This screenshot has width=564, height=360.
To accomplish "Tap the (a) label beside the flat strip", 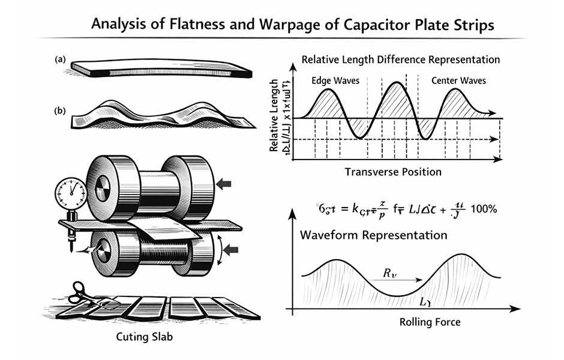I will pos(59,59).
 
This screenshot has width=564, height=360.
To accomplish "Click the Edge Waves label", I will pos(333,80).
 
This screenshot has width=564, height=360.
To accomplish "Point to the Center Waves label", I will pos(459,80).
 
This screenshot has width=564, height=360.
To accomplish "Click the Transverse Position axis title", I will pos(393,172).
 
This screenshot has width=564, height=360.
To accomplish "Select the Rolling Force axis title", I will pos(430,322).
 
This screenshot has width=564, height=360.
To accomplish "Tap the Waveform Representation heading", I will pos(373,235).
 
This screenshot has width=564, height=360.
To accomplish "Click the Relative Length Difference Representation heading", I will pos(400,60).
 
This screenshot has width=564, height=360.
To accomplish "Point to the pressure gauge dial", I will pos(71,194).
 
